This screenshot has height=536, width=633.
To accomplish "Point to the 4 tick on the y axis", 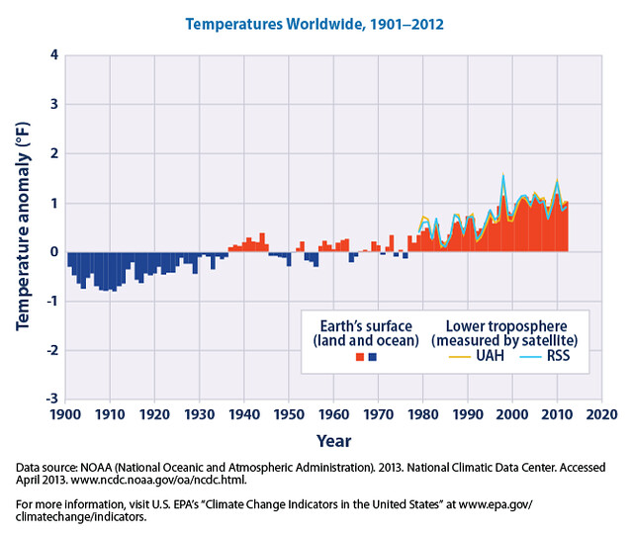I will [x=52, y=55].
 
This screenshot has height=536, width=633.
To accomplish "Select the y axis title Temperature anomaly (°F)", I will [x=22, y=227].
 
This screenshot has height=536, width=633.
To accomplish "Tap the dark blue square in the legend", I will [x=372, y=357].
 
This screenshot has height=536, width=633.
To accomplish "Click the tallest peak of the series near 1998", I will [x=502, y=176].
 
